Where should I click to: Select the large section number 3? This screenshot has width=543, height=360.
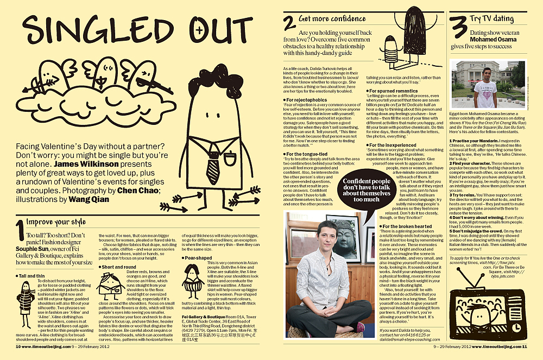coord(459,28)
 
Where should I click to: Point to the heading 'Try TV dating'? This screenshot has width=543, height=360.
coord(493,18)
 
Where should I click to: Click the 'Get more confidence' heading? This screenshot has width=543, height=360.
coord(332,19)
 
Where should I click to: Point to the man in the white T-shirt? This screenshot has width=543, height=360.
coord(485,87)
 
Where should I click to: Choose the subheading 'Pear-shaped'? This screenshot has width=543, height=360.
coord(199,258)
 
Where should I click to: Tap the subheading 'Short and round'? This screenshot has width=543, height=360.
coord(119,267)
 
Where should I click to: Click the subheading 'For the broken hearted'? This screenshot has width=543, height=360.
coord(407,226)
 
